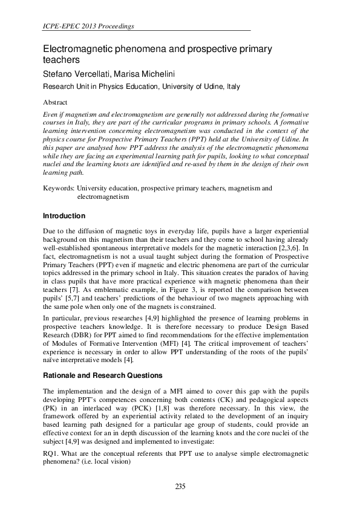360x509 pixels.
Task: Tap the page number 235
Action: (x=180, y=487)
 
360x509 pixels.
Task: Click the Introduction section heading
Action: (x=64, y=216)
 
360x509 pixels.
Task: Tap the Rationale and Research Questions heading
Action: (x=105, y=375)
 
